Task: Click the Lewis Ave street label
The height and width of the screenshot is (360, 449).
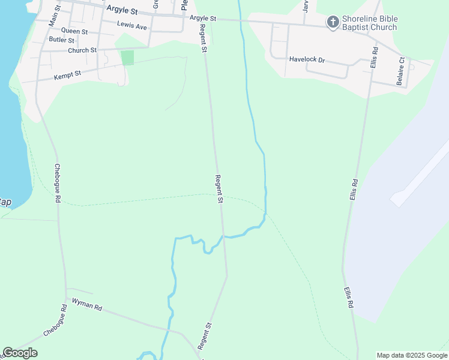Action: pos(132,26)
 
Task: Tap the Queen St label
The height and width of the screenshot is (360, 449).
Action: pos(74,31)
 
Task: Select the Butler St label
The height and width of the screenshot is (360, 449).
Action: pos(62,40)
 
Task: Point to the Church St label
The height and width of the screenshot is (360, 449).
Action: pos(82,50)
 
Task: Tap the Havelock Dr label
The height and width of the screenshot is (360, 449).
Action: pos(306,60)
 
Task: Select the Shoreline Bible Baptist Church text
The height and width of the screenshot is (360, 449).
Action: pos(369,23)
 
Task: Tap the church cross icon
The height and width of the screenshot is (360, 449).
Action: pos(333,23)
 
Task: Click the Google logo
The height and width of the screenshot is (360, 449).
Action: pos(20,353)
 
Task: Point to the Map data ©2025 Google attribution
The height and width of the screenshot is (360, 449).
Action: pos(412,355)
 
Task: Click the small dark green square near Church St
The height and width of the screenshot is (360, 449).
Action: pos(127,58)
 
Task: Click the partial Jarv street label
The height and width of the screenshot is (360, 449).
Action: pos(306,6)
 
